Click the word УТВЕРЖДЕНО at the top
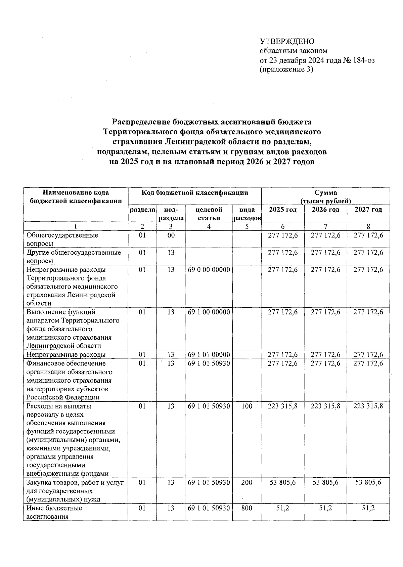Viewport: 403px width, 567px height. coord(287,41)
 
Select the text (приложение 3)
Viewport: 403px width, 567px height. coord(286,70)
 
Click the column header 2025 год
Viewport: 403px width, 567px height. coord(283,210)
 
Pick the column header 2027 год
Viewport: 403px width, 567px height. coord(368,210)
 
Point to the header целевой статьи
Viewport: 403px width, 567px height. coord(209,214)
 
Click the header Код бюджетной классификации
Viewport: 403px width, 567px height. coord(194,192)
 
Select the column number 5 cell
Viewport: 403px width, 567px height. coord(247,226)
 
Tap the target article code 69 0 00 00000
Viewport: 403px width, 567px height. coord(209,269)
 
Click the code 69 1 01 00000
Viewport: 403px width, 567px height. coord(209,354)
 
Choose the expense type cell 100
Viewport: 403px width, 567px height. coord(247,406)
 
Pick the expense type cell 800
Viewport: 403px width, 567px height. coord(247,508)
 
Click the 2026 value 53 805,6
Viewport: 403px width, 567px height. coord(325,482)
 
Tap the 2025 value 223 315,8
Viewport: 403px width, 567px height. coord(283,406)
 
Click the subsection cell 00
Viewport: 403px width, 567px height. coord(171,235)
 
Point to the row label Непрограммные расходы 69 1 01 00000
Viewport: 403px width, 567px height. coord(66,354)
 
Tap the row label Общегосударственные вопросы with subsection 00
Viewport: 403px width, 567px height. coord(62,239)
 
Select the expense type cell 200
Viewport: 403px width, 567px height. coord(247,482)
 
